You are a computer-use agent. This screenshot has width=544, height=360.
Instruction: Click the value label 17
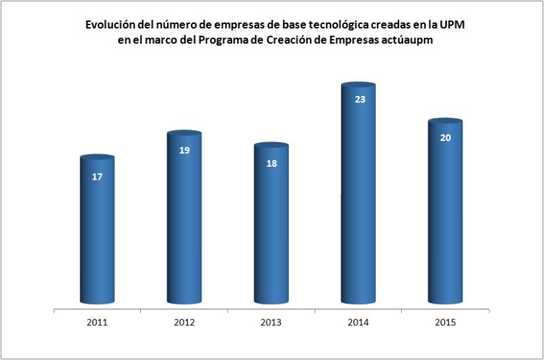[97, 177]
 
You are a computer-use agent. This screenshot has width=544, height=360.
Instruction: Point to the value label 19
[184, 150]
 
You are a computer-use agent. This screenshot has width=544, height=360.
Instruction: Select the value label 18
[271, 163]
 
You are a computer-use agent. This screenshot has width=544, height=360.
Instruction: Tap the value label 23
[360, 99]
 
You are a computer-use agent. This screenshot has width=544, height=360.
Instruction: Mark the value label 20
[445, 137]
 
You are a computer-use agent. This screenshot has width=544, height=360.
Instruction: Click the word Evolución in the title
[109, 25]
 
